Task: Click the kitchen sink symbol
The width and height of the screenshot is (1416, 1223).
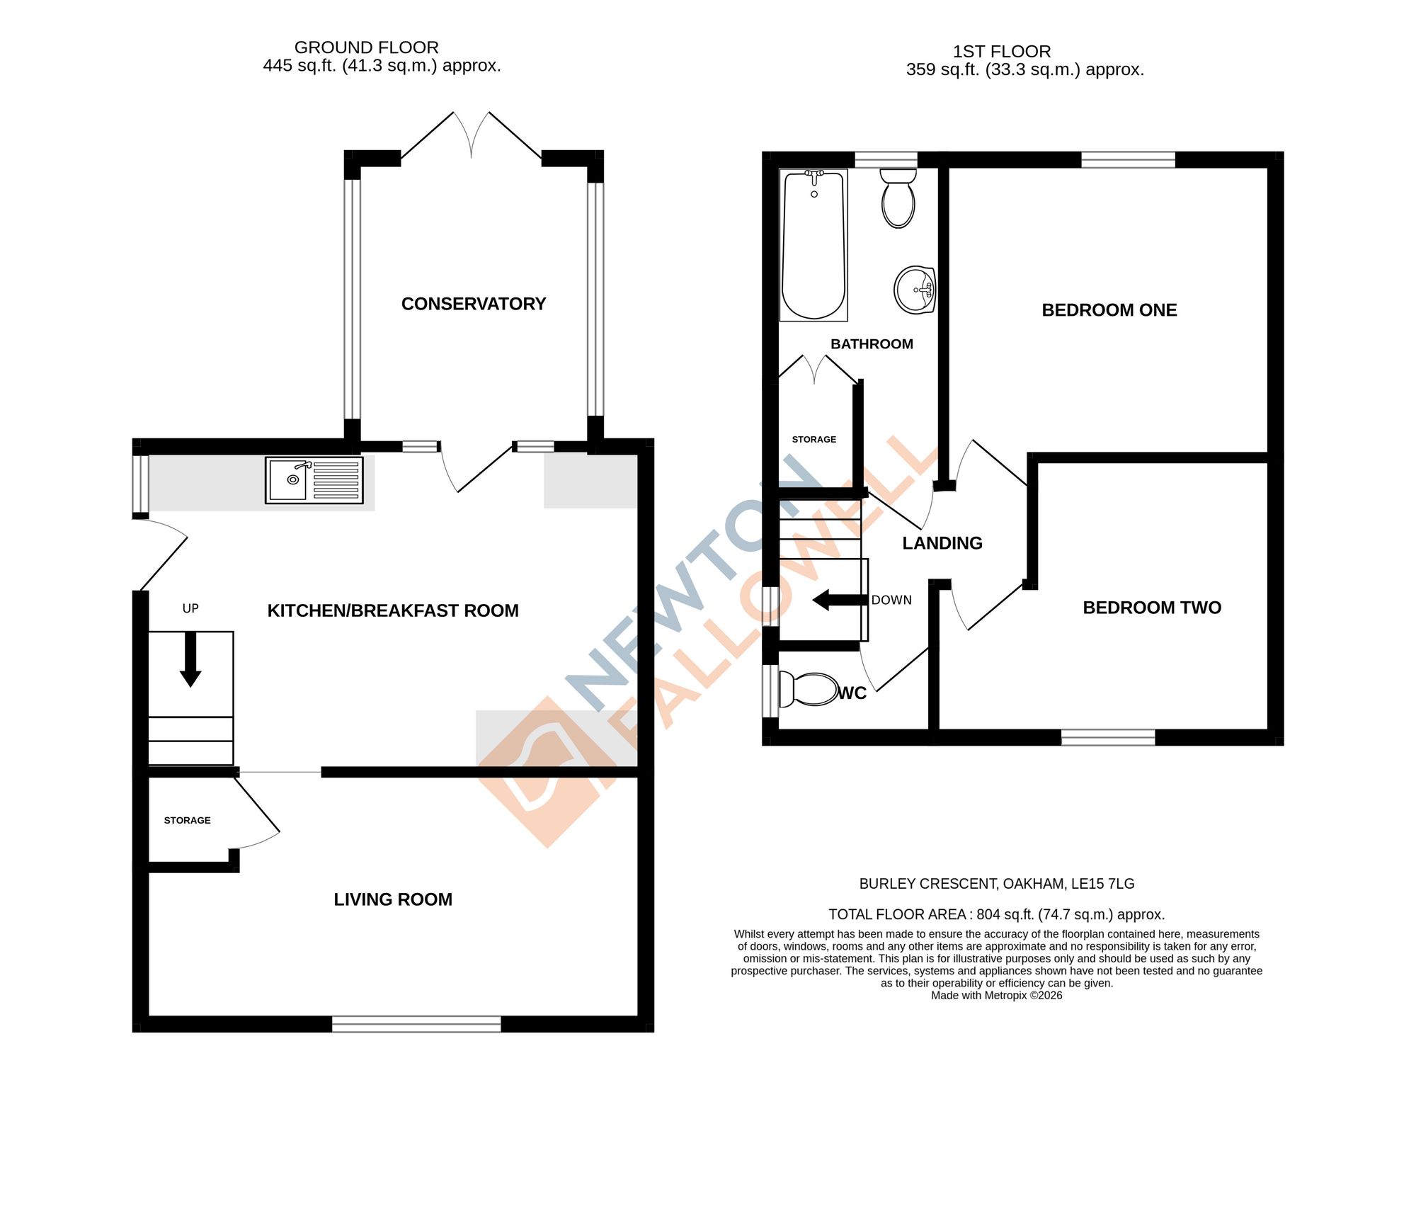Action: (314, 479)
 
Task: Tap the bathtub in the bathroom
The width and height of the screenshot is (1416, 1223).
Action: (813, 244)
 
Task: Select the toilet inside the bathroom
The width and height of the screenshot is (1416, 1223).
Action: (898, 199)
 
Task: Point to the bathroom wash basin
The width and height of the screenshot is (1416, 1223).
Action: (915, 290)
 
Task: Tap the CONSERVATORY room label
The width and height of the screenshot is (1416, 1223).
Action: (474, 304)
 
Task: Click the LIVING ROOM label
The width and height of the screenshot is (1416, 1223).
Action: (393, 899)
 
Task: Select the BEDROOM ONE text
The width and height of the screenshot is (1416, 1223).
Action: (1109, 310)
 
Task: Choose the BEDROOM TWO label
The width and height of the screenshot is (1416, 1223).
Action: (1151, 608)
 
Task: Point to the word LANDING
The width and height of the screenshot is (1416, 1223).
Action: (942, 543)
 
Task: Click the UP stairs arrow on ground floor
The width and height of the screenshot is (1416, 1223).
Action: (190, 659)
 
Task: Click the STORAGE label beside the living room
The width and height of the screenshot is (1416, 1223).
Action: (187, 820)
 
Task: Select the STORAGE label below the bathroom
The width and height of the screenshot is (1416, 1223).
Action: (813, 439)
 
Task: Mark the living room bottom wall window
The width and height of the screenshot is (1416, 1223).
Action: (416, 1023)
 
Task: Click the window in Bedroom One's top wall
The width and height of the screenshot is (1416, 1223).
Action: (1128, 159)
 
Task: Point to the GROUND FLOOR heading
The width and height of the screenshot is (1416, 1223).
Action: (366, 47)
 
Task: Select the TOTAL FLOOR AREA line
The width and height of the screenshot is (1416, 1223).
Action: (996, 914)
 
